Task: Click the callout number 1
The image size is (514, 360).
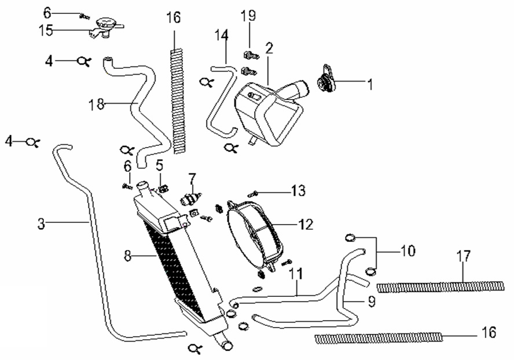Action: (x=369, y=85)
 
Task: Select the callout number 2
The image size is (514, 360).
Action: (x=269, y=48)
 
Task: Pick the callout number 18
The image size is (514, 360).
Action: (x=96, y=104)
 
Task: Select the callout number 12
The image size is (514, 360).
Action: (x=306, y=224)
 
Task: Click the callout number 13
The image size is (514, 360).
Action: (x=298, y=190)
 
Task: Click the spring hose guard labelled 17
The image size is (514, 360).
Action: (x=440, y=286)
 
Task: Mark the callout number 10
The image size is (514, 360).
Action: (x=407, y=251)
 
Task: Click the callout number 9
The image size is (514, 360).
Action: (x=372, y=301)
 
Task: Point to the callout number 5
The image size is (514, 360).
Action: (x=159, y=166)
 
